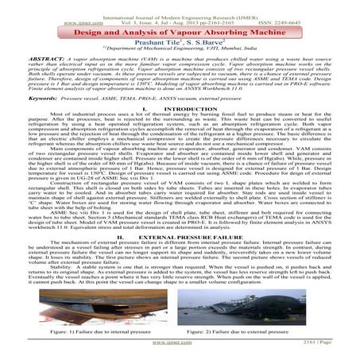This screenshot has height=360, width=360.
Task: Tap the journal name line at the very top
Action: [x=180, y=6]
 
